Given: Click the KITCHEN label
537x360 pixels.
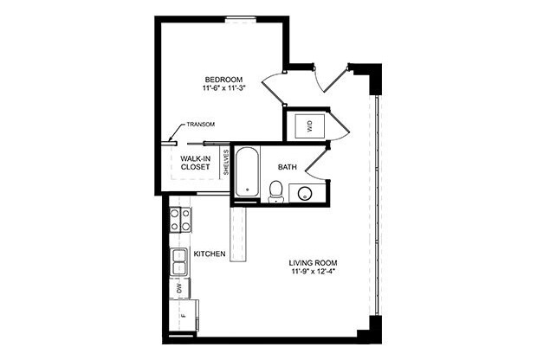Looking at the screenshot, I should pos(210,254).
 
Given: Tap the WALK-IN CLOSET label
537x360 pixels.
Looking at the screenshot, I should pos(196,163).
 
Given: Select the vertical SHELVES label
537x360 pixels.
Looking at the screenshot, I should pos(226,162).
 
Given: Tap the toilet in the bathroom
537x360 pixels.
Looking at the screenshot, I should pos(275,190).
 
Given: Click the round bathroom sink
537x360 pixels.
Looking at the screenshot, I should pos(305,193).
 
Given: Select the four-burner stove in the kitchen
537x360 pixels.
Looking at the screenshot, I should pos(180,220).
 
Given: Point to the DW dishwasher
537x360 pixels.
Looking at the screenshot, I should pos(179,287).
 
